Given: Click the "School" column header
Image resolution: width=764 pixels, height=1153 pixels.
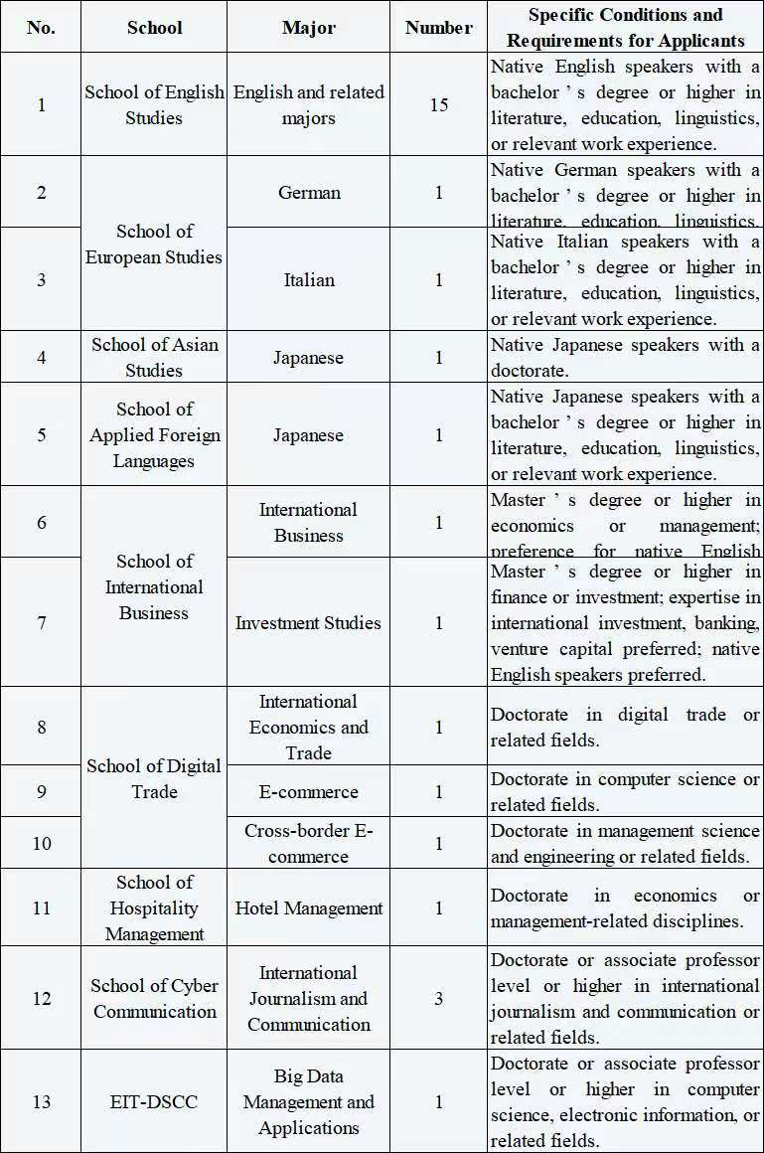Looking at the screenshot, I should (x=154, y=27).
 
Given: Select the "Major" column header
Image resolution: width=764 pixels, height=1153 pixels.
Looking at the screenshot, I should (x=308, y=27).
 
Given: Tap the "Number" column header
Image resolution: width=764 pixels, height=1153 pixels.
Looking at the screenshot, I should (x=438, y=27).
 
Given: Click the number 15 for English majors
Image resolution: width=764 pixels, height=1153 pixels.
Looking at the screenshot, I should (x=438, y=104).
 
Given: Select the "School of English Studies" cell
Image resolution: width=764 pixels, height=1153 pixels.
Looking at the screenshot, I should (x=154, y=104).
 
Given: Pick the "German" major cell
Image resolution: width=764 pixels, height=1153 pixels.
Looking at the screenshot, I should (x=309, y=192).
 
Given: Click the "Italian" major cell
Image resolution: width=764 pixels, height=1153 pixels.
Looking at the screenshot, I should (x=309, y=279).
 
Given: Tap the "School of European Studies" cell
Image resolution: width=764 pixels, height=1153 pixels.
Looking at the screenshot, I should (x=154, y=244).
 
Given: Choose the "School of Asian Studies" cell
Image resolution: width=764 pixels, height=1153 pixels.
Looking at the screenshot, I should (x=154, y=357).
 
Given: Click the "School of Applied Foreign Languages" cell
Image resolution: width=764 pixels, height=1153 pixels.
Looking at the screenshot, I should (x=154, y=434).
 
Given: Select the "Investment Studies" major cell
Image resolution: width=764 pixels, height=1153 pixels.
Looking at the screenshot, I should (x=308, y=622).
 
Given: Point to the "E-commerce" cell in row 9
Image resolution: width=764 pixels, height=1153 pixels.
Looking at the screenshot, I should (x=308, y=791).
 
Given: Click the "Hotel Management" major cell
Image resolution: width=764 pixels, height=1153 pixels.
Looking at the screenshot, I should (x=308, y=907).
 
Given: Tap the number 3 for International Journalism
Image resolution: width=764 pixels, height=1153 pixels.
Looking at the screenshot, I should (x=438, y=998).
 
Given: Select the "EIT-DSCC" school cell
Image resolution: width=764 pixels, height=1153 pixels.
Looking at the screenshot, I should (x=154, y=1101).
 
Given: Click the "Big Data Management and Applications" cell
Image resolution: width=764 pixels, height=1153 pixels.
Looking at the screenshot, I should (x=308, y=1101).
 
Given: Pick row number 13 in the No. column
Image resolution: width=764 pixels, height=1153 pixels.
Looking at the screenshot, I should (x=41, y=1101).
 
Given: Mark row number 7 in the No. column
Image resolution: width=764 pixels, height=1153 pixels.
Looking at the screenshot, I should (x=41, y=622).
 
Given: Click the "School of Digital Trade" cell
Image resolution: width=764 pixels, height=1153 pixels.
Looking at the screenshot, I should (x=154, y=778).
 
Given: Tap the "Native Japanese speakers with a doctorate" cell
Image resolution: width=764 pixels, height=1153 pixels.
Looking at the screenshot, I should (x=625, y=357).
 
